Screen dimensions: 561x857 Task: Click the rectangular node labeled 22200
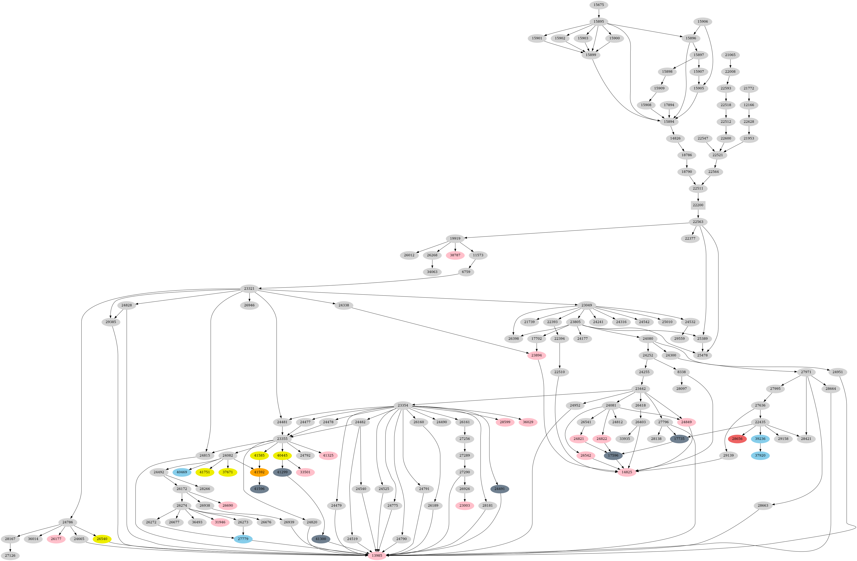pos(698,205)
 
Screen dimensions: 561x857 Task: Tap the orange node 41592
pos(259,472)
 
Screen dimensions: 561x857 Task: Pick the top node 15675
pos(598,5)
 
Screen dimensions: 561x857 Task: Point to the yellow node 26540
pos(102,539)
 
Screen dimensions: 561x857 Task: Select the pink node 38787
pos(455,255)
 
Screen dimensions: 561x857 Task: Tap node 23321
pos(249,289)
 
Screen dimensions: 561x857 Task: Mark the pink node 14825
pos(627,472)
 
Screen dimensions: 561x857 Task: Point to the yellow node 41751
pos(204,472)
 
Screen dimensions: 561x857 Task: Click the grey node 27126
pos(10,556)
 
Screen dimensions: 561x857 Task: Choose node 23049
pos(587,305)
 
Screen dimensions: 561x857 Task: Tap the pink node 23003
pos(464,506)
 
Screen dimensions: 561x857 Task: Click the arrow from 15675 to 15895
pos(598,13)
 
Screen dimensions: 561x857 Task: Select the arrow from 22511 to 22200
pos(698,196)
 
